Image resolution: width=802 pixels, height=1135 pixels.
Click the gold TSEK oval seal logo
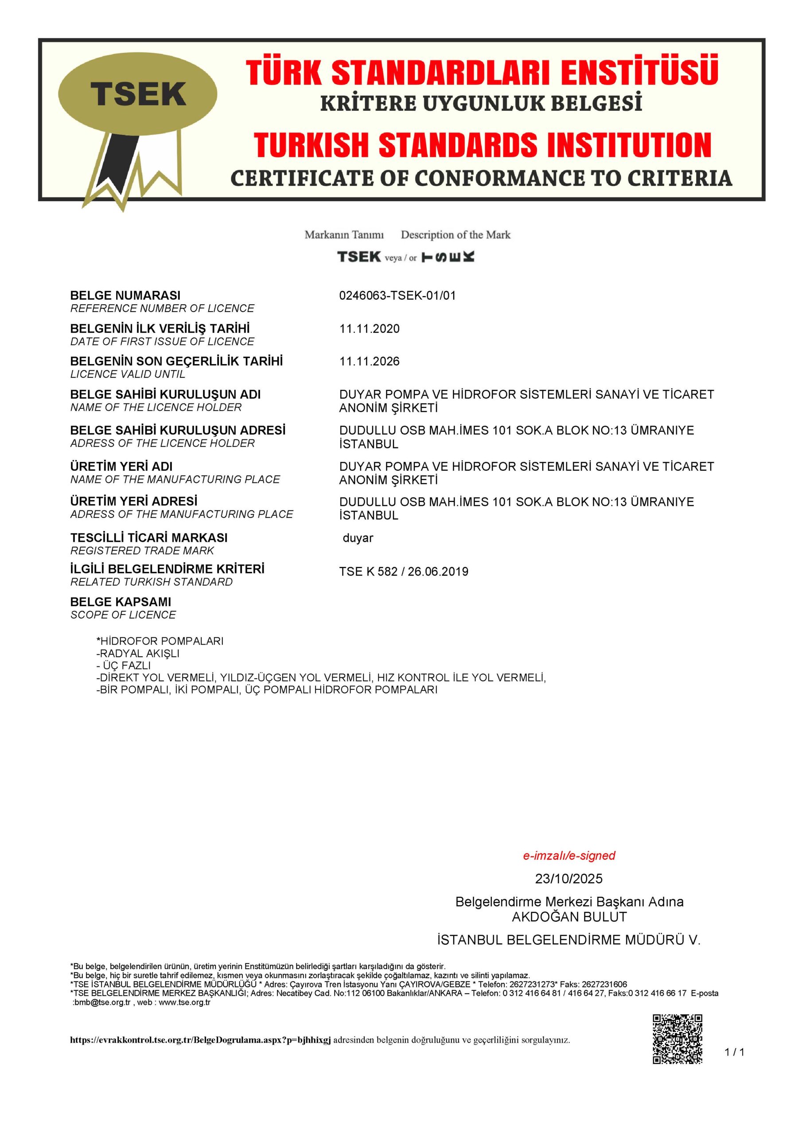point(137,94)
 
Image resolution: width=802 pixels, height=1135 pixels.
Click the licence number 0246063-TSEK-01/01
point(397,296)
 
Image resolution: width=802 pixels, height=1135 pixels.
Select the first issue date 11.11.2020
point(369,329)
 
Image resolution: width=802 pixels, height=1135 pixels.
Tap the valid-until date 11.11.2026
point(369,361)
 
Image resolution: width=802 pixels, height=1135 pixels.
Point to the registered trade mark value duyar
point(358,538)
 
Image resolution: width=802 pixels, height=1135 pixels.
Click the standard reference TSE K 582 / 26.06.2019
point(403,571)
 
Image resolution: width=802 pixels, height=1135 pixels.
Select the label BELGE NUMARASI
point(125,296)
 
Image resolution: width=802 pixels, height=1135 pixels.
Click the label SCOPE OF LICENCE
point(123,615)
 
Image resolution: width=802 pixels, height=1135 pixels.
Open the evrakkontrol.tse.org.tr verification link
point(200,1040)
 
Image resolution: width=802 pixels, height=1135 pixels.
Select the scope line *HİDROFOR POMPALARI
point(160,641)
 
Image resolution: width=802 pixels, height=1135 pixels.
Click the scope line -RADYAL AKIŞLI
point(138,654)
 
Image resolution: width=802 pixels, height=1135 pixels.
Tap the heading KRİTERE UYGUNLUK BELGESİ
point(481,103)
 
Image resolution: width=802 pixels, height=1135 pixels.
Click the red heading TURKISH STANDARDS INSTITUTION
point(482,145)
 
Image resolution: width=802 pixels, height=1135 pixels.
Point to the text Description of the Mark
point(455,235)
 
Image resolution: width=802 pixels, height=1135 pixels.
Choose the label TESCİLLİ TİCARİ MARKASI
point(149,538)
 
